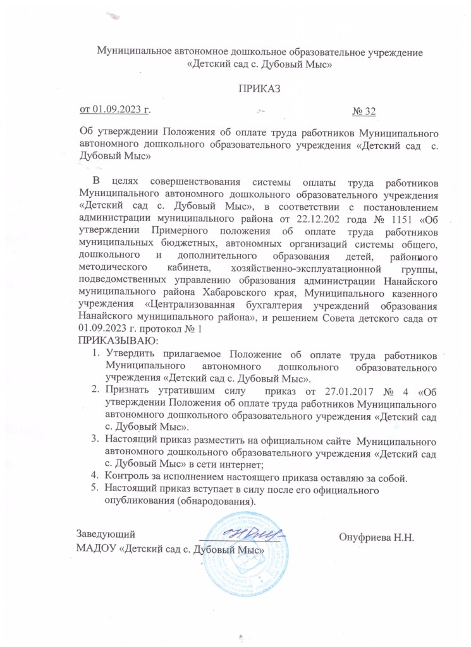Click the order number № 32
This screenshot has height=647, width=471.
pos(364,112)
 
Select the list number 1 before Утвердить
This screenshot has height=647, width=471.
pos(93,353)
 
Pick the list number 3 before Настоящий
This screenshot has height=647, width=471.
pos(93,438)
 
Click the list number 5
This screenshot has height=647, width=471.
pos(93,488)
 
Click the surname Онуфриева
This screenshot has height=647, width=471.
pos(367,538)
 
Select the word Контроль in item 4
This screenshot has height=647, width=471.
pos(126,477)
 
